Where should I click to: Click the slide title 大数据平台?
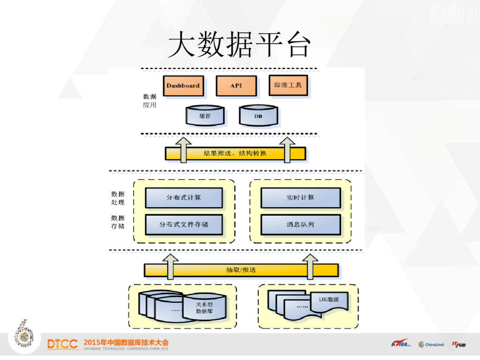[240, 45]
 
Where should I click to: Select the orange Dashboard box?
[183, 86]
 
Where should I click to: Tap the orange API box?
[236, 86]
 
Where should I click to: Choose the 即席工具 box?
[288, 86]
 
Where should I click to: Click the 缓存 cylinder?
[205, 116]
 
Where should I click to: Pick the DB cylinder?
[258, 116]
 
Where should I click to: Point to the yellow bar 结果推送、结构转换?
[235, 153]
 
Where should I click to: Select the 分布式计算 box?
[184, 198]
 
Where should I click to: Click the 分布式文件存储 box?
[184, 225]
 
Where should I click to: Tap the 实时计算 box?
[300, 198]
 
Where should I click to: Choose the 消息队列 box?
[300, 225]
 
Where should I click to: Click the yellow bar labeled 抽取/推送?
[241, 270]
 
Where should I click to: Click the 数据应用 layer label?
[150, 101]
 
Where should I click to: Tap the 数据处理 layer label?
[118, 198]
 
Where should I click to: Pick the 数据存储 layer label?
[118, 222]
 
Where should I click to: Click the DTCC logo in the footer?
[62, 345]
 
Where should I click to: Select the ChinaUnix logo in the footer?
[431, 345]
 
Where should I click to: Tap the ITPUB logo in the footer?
[459, 345]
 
